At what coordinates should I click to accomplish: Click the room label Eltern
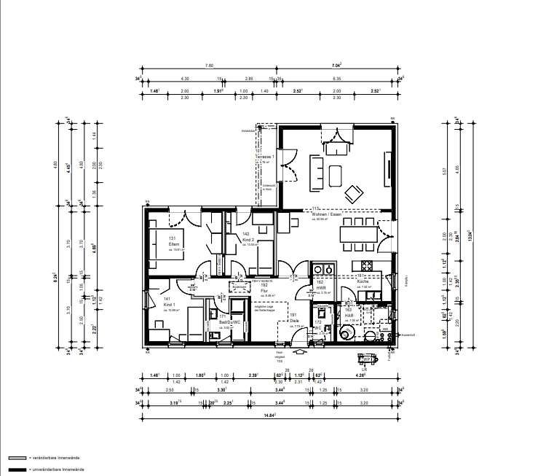pos(173,243)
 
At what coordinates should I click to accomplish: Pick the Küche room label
pos(364,281)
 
